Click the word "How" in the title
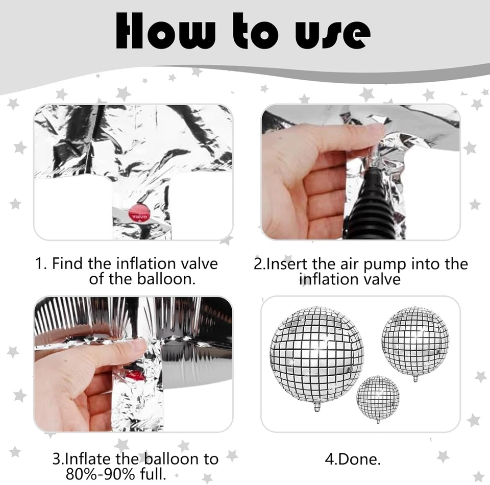point(161,31)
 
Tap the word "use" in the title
point(333,33)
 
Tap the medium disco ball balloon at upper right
point(415,340)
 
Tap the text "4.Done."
point(353,459)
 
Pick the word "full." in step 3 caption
point(153,474)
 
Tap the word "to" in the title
point(255,31)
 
